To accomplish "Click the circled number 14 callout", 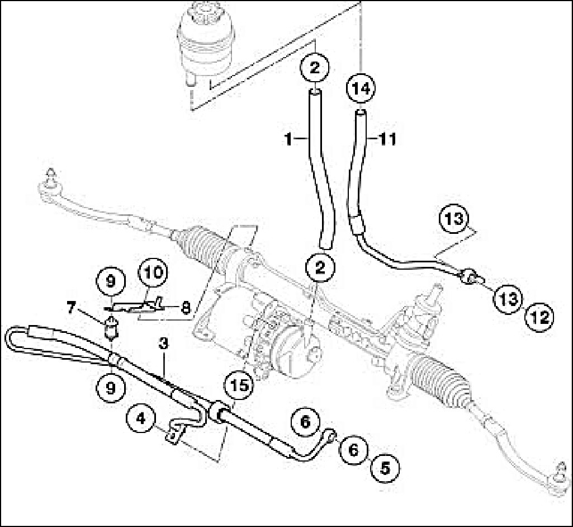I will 361,88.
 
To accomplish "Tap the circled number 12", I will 539,318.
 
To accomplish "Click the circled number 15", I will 239,386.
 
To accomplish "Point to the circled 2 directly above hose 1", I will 315,69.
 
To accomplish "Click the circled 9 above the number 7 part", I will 111,281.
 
